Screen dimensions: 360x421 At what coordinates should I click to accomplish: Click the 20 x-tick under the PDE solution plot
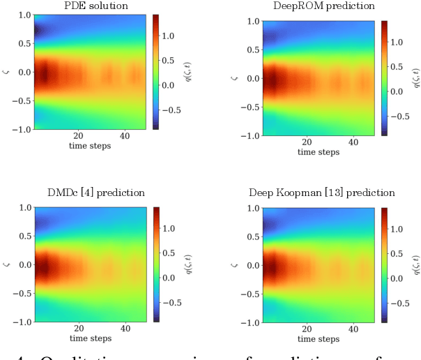pyautogui.click(x=78, y=136)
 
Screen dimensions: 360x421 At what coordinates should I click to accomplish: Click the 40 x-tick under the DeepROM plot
pyautogui.click(x=353, y=142)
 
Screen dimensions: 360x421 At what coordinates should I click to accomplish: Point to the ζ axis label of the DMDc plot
pyautogui.click(x=5, y=264)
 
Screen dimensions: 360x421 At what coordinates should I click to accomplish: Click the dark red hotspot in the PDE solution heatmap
pyautogui.click(x=43, y=74)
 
